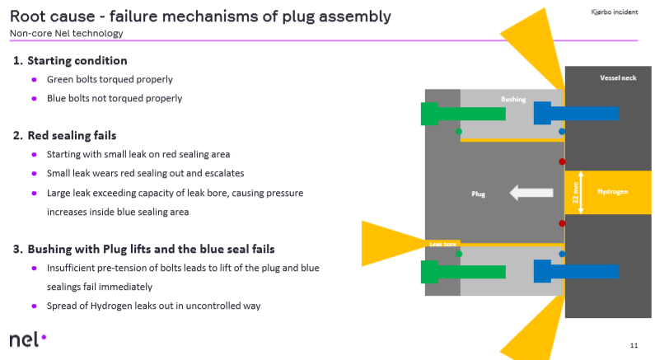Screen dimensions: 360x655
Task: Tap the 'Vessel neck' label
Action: click(607, 78)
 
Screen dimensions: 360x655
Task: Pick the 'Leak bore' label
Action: click(442, 245)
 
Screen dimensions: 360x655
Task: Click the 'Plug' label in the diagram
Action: click(478, 195)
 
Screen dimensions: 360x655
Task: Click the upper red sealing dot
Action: click(562, 161)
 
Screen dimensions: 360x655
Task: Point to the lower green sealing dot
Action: click(459, 254)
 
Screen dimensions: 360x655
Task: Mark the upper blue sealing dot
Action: click(562, 131)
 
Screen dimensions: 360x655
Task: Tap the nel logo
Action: click(28, 339)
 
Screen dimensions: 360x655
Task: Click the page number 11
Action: click(633, 344)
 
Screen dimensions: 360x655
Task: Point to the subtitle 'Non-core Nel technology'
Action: click(66, 34)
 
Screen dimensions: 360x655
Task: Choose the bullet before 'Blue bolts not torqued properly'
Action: click(35, 98)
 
